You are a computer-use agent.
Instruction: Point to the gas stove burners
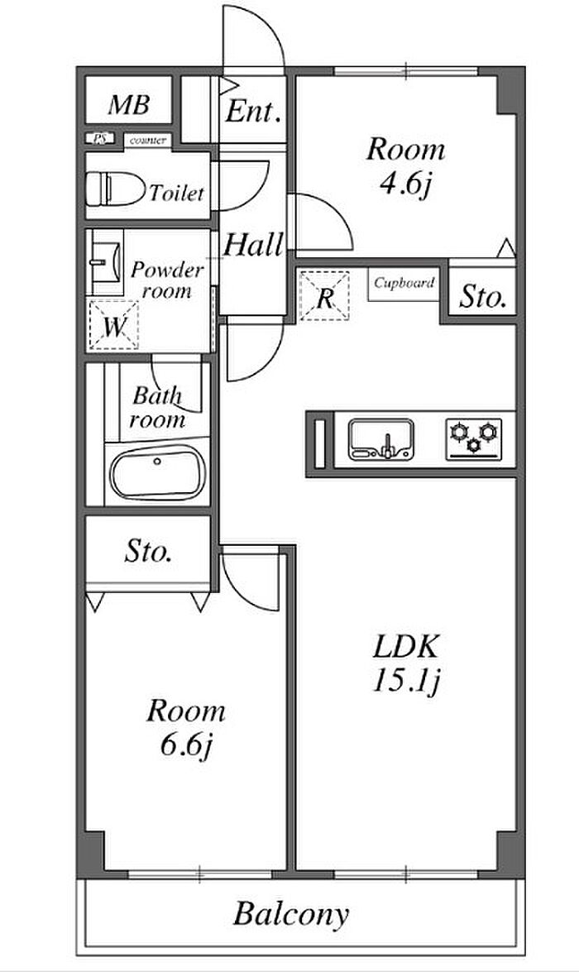[x=474, y=437]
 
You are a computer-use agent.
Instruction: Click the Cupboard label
[x=404, y=283]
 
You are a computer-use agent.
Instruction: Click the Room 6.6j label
[x=185, y=725]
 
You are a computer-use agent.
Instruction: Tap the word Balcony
[x=291, y=915]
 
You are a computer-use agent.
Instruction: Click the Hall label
[x=253, y=245]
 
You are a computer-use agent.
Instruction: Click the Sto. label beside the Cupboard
[x=482, y=296]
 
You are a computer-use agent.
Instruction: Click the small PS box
[x=99, y=140]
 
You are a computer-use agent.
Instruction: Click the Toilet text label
[x=175, y=194]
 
